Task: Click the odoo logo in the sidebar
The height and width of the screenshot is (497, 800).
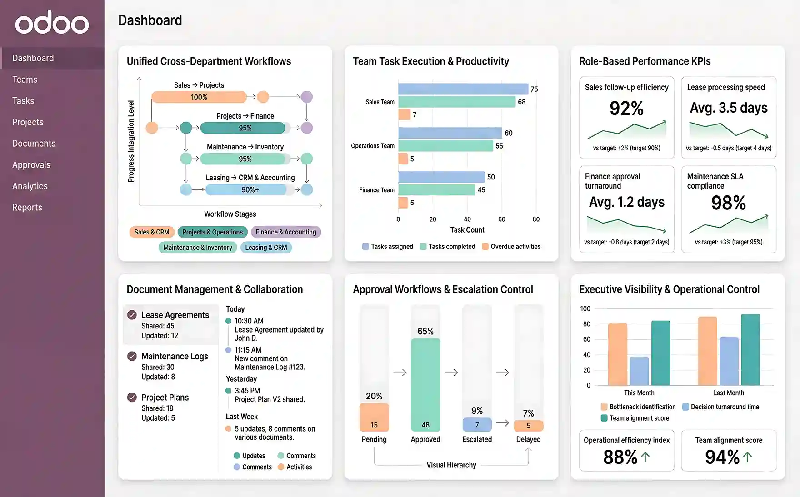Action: point(52,23)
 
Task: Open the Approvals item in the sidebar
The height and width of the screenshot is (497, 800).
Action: point(31,165)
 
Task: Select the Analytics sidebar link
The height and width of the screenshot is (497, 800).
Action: point(30,186)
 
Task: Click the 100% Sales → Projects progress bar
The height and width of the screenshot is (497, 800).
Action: point(199,97)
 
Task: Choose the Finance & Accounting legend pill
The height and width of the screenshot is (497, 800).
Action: point(285,232)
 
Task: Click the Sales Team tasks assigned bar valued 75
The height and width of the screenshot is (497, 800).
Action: point(463,89)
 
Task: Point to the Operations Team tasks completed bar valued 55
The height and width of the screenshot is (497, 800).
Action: point(445,146)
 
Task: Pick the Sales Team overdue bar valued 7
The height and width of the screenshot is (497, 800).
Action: point(404,115)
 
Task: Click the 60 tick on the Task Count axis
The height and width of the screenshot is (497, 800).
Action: point(501,219)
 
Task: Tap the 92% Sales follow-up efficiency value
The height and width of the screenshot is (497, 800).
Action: point(626,109)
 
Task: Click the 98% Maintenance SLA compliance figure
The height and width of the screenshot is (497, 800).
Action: point(728,203)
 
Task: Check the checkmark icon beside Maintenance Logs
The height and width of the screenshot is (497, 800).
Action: point(132,356)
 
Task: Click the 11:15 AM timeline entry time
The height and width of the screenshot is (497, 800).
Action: point(248,350)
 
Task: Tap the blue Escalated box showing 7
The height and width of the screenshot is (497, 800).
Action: point(477,425)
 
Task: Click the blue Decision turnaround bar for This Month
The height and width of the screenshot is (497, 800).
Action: point(639,371)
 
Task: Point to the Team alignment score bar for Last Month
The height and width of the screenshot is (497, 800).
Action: point(750,350)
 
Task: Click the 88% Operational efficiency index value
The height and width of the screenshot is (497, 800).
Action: point(620,457)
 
